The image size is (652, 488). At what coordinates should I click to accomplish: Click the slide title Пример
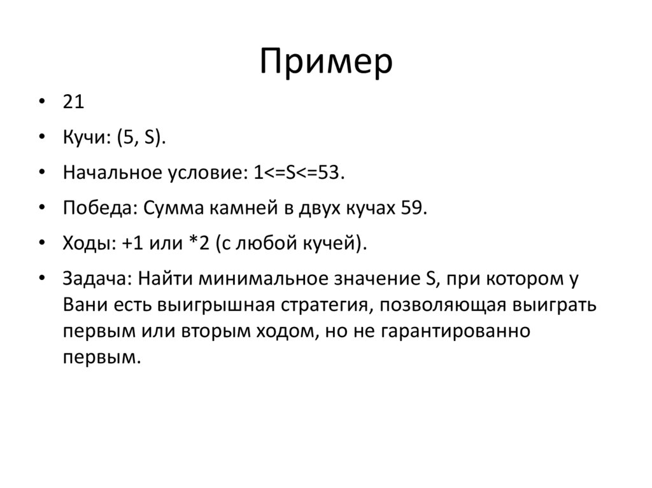coord(326,62)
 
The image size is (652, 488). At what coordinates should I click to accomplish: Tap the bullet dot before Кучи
coord(42,138)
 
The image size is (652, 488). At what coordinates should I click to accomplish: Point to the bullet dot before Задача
coord(42,279)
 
